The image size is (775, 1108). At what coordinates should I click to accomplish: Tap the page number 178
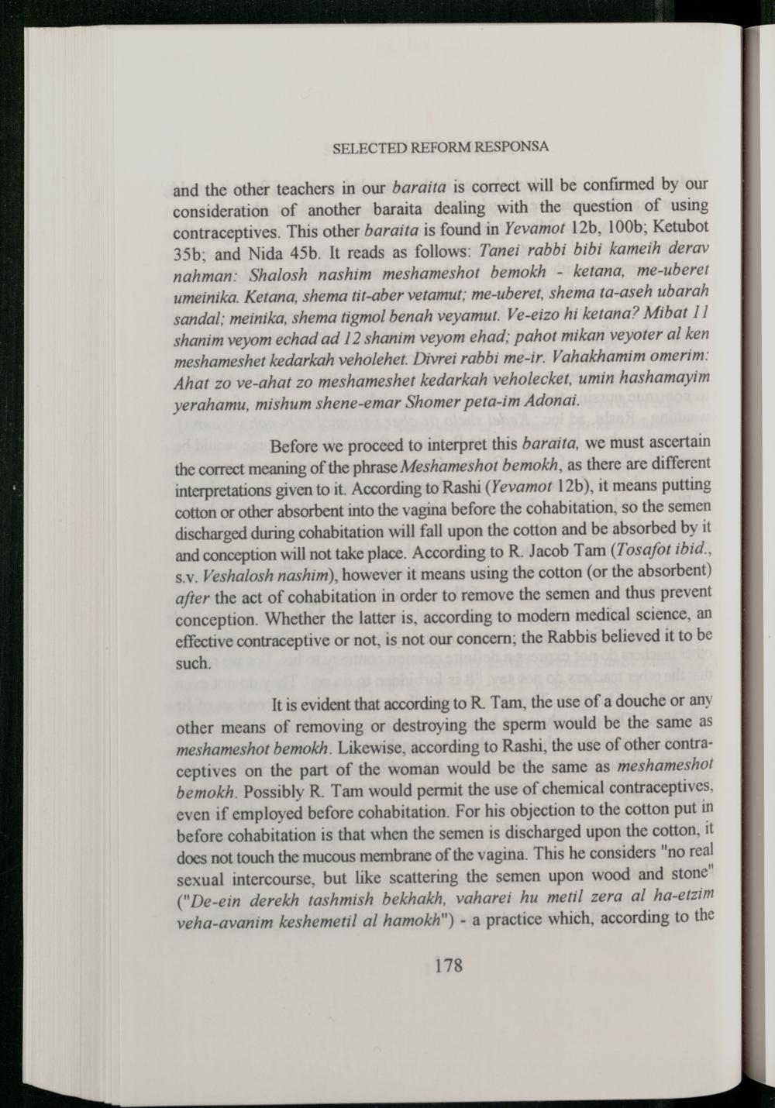tap(449, 966)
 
